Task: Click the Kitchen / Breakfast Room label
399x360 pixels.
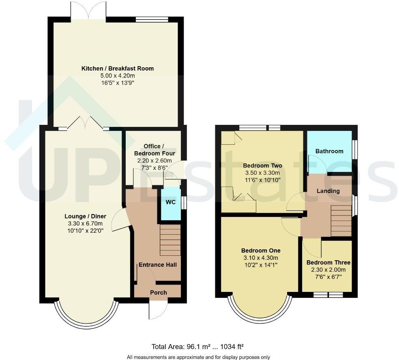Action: coord(118,68)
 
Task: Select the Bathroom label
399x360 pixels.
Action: coord(329,151)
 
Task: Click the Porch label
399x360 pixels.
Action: coord(159,293)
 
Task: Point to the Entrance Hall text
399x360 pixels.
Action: coord(158,265)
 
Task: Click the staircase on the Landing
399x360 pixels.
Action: coord(341,221)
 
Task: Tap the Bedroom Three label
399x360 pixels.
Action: coord(328,262)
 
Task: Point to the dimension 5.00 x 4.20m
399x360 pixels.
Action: coord(118,75)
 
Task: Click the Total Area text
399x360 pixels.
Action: coord(197,347)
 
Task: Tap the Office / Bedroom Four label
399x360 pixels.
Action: coord(154,150)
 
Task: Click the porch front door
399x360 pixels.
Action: coord(158,310)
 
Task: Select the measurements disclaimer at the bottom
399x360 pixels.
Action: coord(198,357)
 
